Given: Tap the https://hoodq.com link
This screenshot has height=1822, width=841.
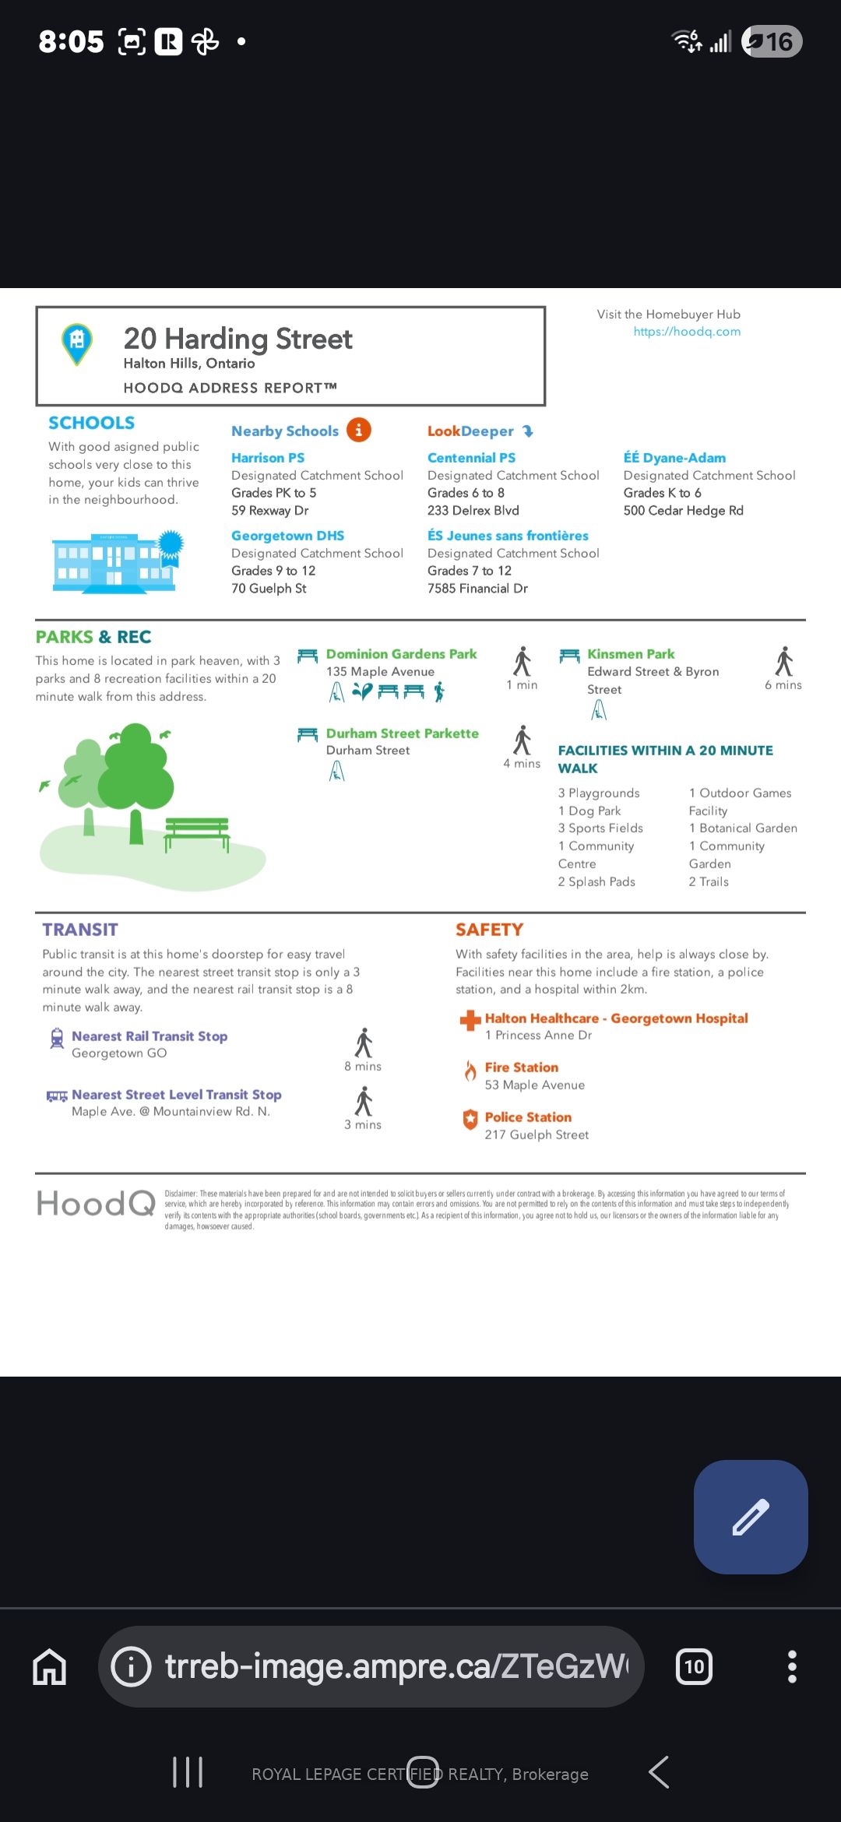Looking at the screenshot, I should click(687, 332).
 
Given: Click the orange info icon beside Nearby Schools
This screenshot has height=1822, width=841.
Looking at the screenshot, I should click(358, 430).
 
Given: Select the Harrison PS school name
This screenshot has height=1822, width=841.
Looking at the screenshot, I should click(268, 458).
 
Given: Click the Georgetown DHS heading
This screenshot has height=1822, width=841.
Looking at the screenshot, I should click(287, 536).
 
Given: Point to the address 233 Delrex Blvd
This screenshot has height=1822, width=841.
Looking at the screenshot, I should click(473, 511).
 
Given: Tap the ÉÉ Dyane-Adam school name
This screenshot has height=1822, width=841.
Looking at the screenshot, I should click(674, 458).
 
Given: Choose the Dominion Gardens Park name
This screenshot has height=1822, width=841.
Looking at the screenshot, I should click(401, 654).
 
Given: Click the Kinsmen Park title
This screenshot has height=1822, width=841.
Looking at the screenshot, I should click(631, 654).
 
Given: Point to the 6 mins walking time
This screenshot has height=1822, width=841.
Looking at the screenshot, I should click(783, 685).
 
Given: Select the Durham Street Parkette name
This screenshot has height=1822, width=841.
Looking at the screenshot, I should click(402, 733).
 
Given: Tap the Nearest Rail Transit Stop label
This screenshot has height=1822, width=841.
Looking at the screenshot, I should click(150, 1036).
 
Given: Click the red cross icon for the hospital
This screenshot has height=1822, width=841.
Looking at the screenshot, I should click(470, 1020).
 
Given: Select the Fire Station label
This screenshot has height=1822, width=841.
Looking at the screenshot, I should click(522, 1068).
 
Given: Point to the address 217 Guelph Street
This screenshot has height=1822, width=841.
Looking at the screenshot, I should click(537, 1135).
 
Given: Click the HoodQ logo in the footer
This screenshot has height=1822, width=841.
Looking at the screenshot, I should click(96, 1204).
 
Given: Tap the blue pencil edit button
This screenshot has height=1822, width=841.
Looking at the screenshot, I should click(751, 1517).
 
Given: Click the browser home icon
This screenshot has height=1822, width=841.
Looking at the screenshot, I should click(50, 1667).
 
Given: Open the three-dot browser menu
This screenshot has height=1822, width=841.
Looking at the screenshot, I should click(792, 1667).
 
